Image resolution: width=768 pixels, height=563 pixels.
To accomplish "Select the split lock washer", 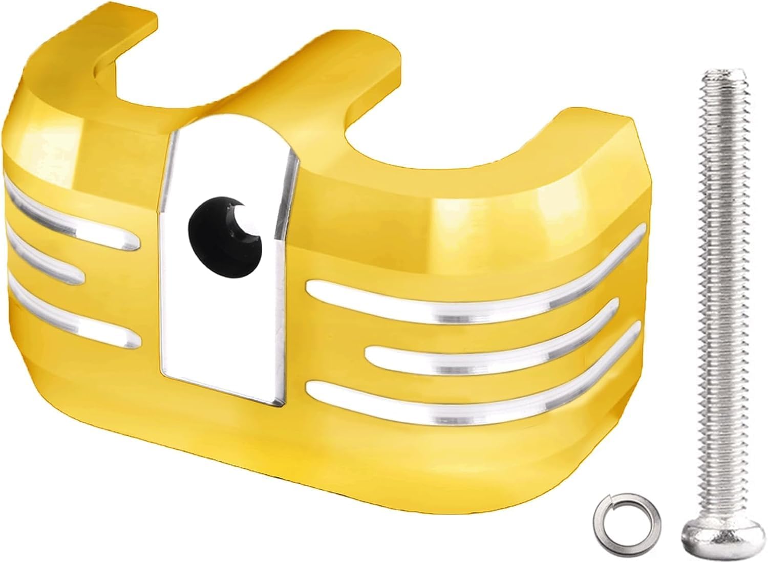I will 618,530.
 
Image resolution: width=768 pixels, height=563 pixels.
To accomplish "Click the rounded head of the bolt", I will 709,539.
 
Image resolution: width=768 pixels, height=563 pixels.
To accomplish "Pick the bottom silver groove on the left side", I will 72,320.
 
